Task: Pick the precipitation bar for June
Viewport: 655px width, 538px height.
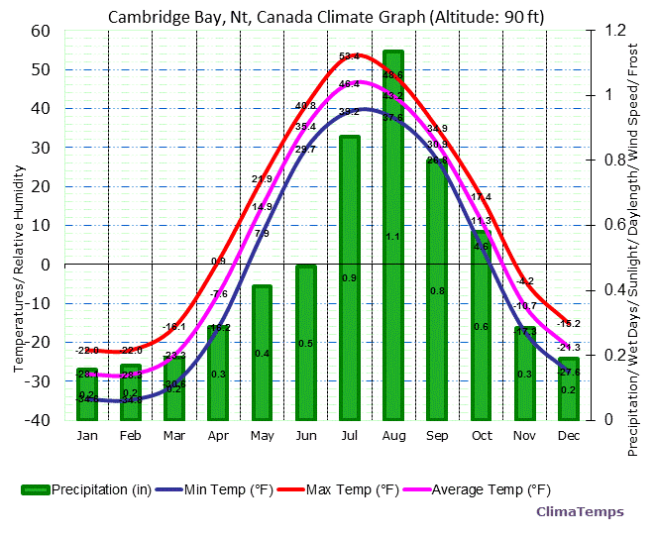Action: pos(305,342)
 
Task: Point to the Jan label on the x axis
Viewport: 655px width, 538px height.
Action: pos(87,436)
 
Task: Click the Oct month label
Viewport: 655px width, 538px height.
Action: pos(481,436)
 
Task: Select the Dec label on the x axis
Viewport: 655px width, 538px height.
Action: pos(569,436)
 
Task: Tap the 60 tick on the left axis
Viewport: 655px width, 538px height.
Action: pos(41,30)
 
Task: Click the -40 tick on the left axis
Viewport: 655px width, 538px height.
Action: pos(39,419)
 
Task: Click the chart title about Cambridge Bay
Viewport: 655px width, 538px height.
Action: pos(326,17)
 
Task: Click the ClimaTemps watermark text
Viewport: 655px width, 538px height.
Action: pos(580,511)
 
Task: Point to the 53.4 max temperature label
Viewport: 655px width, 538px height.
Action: pos(349,56)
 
